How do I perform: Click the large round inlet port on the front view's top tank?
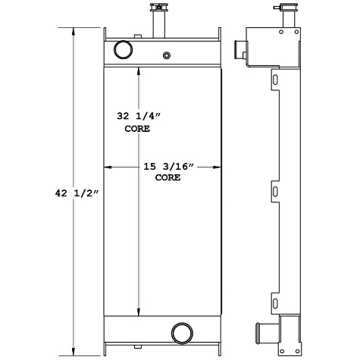pyautogui.click(x=122, y=50)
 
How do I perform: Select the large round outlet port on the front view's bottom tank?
pyautogui.click(x=181, y=333)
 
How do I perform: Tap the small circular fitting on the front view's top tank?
pyautogui.click(x=167, y=55)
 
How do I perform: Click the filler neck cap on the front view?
pyautogui.click(x=160, y=10)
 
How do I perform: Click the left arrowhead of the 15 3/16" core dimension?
pyautogui.click(x=108, y=166)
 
